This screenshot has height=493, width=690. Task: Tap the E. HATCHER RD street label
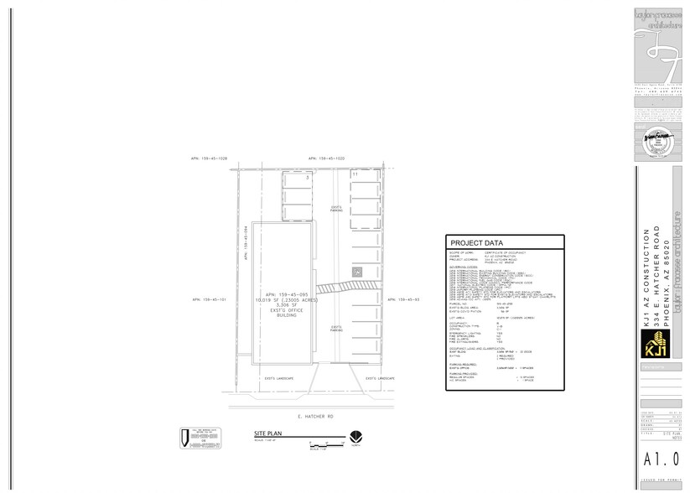tap(315, 416)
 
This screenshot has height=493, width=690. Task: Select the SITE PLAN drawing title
tap(266, 434)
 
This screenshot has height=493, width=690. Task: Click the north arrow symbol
tap(355, 437)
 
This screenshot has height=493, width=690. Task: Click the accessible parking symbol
tap(356, 272)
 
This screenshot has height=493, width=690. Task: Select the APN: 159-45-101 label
tap(209, 298)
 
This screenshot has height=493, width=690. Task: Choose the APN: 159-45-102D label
tap(326, 158)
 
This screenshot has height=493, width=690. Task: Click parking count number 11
tap(344, 174)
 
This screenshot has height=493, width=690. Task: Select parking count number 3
tap(308, 178)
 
